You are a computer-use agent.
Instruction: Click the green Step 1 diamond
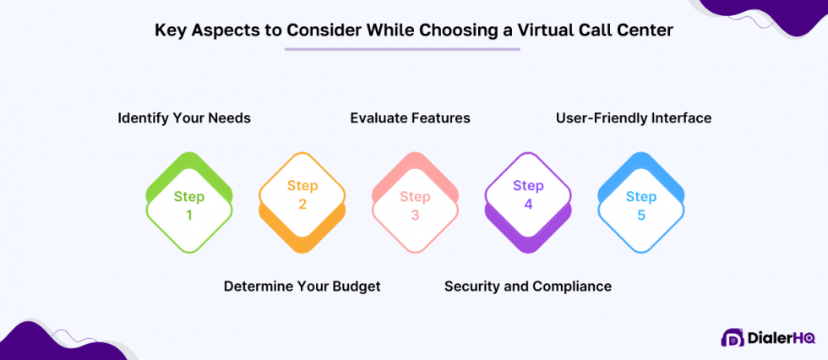tap(189, 205)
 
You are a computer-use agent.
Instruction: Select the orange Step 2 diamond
tap(302, 195)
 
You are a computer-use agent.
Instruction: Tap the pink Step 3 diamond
tap(415, 205)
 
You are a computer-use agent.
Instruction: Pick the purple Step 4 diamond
tap(528, 195)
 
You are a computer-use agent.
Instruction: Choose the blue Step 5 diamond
tap(641, 205)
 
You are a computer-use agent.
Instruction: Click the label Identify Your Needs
tap(184, 118)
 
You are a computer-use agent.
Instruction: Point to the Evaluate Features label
tap(410, 118)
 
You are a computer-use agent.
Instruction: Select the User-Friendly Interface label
tap(634, 118)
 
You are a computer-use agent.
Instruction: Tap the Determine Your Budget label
tap(302, 286)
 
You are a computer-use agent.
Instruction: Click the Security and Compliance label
tap(528, 286)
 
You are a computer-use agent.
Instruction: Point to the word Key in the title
tap(170, 30)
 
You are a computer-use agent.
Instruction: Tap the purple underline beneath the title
tap(402, 49)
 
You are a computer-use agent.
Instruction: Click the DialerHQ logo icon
tap(732, 338)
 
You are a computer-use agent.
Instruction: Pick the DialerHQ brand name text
tap(782, 338)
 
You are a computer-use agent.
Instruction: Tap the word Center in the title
tap(647, 30)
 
